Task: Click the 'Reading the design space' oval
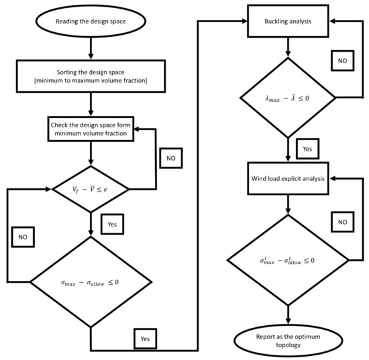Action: click(91, 21)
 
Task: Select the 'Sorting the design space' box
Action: click(91, 76)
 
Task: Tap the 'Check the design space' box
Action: click(91, 129)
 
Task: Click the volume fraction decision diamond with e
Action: click(91, 189)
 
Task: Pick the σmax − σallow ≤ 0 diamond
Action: click(91, 282)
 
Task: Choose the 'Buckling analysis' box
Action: click(288, 21)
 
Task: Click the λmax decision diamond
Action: click(288, 98)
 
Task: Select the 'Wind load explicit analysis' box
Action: click(288, 178)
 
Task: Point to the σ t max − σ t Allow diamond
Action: click(288, 260)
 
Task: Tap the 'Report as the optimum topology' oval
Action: click(288, 341)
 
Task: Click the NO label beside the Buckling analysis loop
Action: click(342, 60)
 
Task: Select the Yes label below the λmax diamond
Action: click(307, 149)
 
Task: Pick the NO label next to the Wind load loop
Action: click(342, 222)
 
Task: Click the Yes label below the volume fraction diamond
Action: click(112, 224)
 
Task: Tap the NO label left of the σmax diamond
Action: click(23, 237)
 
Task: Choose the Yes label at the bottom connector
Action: click(145, 339)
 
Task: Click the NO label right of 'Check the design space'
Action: click(171, 158)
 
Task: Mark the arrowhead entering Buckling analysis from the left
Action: click(244, 21)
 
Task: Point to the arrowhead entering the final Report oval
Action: click(288, 321)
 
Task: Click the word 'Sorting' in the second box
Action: click(65, 72)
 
